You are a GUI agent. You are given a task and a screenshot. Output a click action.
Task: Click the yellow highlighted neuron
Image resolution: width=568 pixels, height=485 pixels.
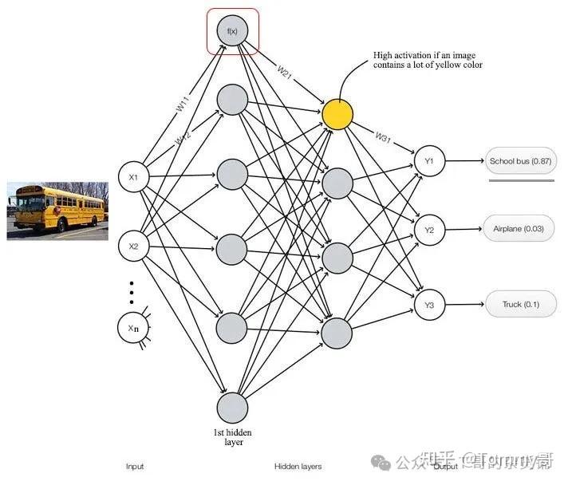[337, 115]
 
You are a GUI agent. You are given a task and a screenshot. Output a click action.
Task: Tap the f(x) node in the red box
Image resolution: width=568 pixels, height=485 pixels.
[233, 31]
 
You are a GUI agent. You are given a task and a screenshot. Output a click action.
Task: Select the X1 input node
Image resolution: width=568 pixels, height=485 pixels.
[134, 177]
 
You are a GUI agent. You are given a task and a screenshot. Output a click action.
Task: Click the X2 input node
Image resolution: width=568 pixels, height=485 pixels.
[134, 246]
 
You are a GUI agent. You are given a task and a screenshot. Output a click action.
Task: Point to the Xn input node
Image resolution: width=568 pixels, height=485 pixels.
[134, 327]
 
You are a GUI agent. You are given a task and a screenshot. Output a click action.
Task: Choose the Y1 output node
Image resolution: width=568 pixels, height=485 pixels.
[428, 161]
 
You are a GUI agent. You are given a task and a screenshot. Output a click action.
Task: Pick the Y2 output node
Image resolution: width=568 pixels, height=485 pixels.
[428, 231]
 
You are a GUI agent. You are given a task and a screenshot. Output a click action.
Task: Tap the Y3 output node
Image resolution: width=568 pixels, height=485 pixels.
[428, 305]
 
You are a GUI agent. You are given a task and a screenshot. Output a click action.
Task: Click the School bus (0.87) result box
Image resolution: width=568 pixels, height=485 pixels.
[521, 162]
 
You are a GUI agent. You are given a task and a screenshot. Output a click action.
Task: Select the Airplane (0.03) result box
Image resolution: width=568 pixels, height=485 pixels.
[520, 229]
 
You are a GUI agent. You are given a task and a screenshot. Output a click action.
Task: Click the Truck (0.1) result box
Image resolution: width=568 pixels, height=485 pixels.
[520, 305]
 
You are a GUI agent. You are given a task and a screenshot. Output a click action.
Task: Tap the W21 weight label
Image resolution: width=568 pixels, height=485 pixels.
[286, 73]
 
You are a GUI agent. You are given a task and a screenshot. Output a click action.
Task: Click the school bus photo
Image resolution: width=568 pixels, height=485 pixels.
[57, 211]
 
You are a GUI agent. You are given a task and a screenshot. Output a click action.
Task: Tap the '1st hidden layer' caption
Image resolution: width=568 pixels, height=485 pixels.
[232, 436]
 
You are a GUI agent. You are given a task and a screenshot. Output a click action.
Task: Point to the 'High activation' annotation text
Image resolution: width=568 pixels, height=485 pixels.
[428, 60]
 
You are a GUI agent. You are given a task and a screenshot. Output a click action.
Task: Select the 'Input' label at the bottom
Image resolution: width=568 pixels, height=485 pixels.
[135, 466]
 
